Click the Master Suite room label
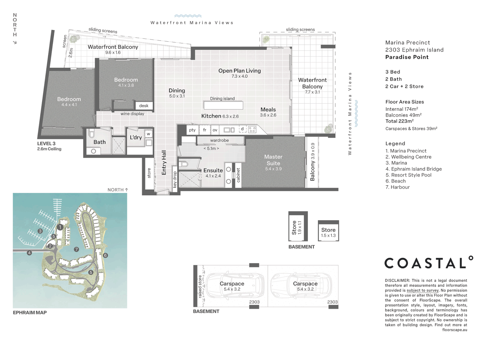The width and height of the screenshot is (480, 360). pyautogui.click(x=273, y=160)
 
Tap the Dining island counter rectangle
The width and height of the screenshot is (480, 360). pyautogui.click(x=223, y=105)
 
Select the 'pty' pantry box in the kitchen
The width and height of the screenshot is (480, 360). pyautogui.click(x=192, y=130)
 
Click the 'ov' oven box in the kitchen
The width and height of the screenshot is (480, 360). pyautogui.click(x=215, y=130)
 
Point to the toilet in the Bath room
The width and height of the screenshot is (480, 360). pyautogui.click(x=92, y=133)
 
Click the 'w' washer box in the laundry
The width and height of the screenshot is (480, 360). pyautogui.click(x=148, y=134)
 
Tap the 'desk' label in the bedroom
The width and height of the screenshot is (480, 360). pyautogui.click(x=144, y=106)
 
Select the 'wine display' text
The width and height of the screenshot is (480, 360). pyautogui.click(x=132, y=114)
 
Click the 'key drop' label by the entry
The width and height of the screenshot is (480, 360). pyautogui.click(x=175, y=179)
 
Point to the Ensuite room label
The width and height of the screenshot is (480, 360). pyautogui.click(x=213, y=170)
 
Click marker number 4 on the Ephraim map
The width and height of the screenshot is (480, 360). pyautogui.click(x=29, y=253)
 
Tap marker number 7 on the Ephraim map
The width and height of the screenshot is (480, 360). pyautogui.click(x=76, y=249)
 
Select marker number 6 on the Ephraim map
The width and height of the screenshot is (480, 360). pyautogui.click(x=105, y=255)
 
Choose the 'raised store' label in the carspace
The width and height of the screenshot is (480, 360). pyautogui.click(x=200, y=286)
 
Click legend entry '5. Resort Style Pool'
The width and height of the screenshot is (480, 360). pyautogui.click(x=408, y=175)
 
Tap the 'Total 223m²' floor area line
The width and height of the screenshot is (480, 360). pyautogui.click(x=400, y=121)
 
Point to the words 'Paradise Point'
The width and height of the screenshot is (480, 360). pyautogui.click(x=407, y=57)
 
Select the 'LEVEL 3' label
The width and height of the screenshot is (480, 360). pyautogui.click(x=46, y=144)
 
